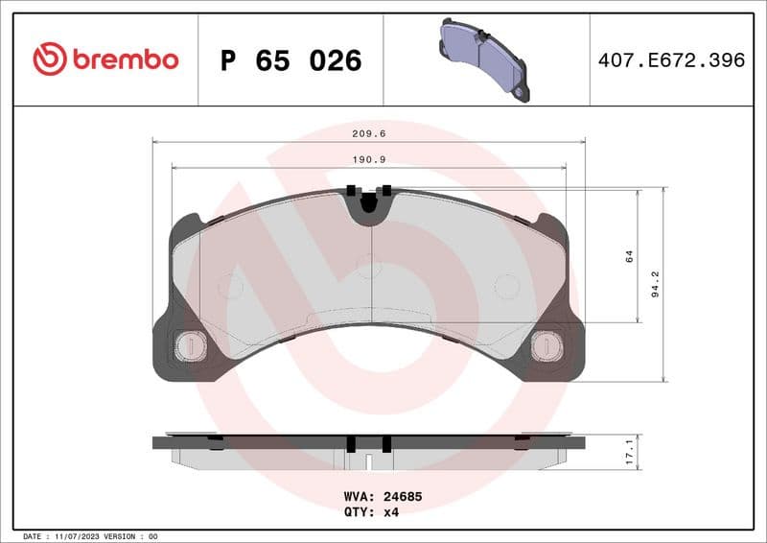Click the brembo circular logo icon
point(49,59)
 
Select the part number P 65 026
point(291,60)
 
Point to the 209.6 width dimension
point(369,135)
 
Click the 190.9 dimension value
point(369,160)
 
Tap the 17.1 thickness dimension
point(628,450)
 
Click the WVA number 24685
point(404,498)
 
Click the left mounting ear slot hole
point(191,345)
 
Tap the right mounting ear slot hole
point(547,345)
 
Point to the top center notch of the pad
point(369,204)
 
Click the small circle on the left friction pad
point(231,285)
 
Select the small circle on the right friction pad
point(506,285)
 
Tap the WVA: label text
point(359,498)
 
